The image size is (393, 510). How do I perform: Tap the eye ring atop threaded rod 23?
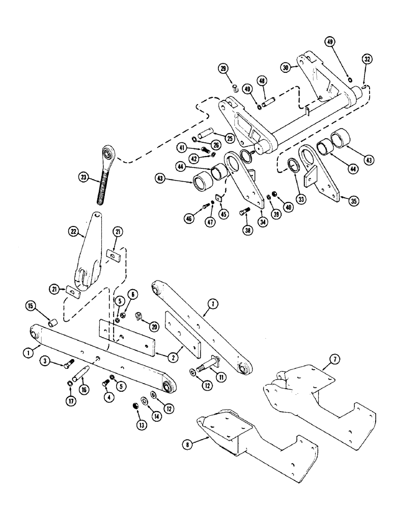107,151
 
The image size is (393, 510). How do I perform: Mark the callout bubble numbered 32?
368,59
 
